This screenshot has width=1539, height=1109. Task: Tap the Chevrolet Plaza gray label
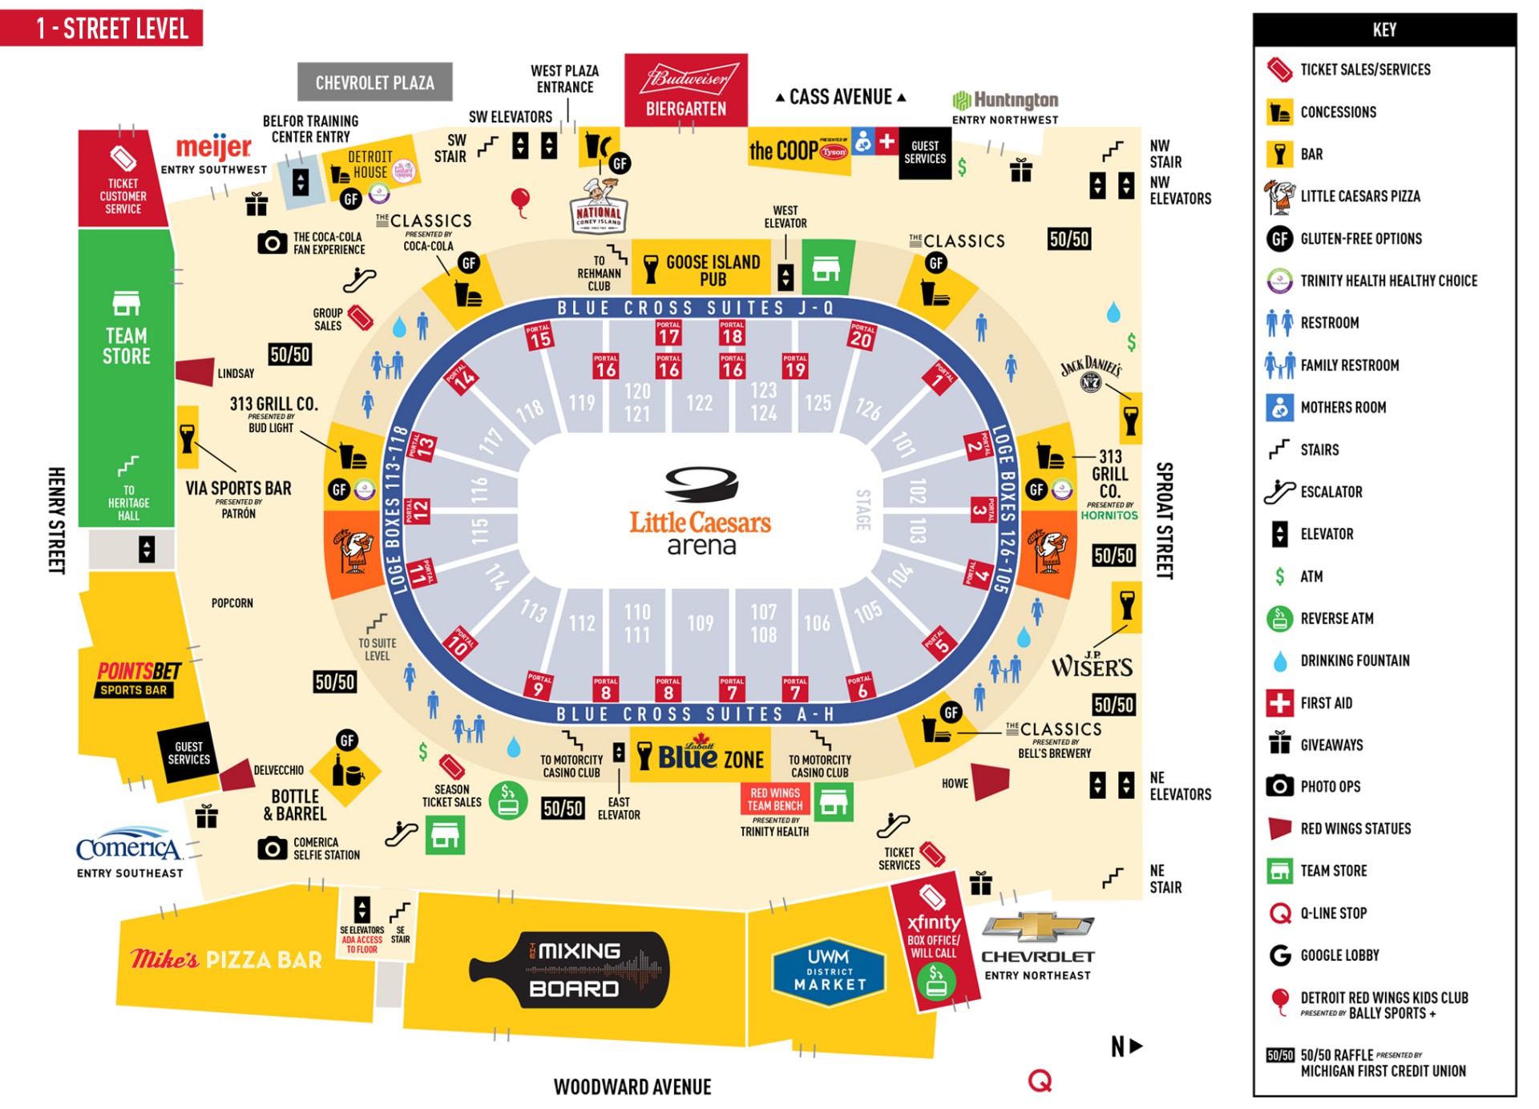click(374, 83)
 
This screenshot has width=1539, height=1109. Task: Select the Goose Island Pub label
click(712, 270)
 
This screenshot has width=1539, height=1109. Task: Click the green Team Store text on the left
click(126, 345)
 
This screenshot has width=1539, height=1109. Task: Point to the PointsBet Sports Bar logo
click(138, 678)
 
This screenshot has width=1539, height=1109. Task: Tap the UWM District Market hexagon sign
click(830, 970)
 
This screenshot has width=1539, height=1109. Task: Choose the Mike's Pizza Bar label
click(226, 959)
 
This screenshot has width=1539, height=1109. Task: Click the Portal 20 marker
click(861, 335)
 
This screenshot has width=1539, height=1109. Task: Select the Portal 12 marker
click(418, 510)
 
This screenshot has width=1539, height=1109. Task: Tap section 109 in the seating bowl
click(700, 623)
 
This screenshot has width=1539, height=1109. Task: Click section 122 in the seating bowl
click(699, 402)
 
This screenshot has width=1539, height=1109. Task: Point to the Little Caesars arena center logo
click(701, 513)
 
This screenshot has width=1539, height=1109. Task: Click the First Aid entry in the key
click(1326, 703)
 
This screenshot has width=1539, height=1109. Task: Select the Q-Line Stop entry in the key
click(1333, 913)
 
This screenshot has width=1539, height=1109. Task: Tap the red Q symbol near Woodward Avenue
click(1040, 1081)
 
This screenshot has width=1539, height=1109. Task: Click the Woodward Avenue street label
click(632, 1087)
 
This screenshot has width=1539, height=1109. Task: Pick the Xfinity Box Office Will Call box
click(933, 938)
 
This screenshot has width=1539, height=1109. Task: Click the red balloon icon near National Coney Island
click(520, 200)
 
